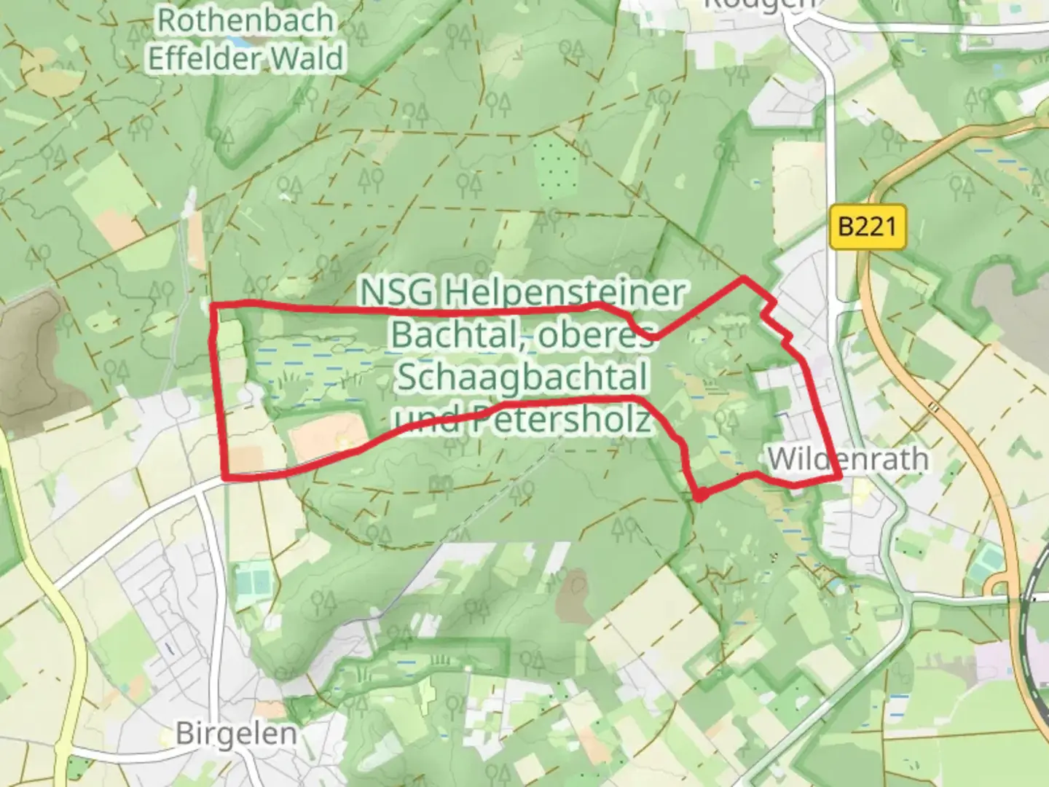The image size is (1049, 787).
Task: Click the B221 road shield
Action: pos(867,227)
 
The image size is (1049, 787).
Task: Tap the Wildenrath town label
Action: pos(848,459)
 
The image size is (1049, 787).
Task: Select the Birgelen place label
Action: pos(236,733)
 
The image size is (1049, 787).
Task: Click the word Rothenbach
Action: pos(245,20)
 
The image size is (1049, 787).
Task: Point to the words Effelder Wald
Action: pos(245,58)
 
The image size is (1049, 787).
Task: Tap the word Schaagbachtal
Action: pos(522,377)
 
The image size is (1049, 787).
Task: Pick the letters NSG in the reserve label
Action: pos(397,293)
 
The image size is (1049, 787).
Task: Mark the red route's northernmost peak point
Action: pos(744,278)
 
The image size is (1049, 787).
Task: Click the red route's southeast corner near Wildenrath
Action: pos(839,477)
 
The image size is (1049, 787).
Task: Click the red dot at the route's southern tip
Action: pos(699,497)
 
